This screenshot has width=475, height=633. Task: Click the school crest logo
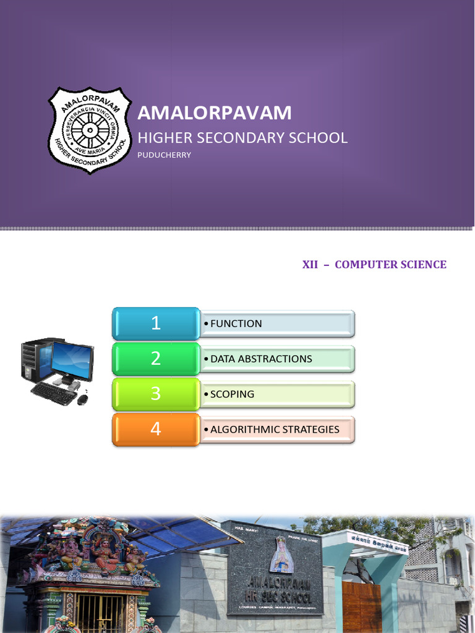pyautogui.click(x=90, y=130)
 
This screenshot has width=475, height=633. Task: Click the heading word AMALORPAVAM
pyautogui.click(x=215, y=113)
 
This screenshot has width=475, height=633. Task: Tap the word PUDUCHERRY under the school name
pyautogui.click(x=164, y=155)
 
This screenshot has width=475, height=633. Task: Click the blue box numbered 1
pyautogui.click(x=155, y=323)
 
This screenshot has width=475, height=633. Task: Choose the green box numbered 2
pyautogui.click(x=155, y=359)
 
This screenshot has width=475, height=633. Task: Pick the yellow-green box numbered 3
pyautogui.click(x=155, y=394)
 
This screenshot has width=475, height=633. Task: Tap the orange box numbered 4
pyautogui.click(x=155, y=429)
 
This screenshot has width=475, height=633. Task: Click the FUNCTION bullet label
pyautogui.click(x=236, y=323)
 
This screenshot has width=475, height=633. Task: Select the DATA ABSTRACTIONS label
pyautogui.click(x=261, y=359)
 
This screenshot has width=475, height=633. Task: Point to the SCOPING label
pyautogui.click(x=232, y=394)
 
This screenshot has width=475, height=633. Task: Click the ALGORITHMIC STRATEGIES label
pyautogui.click(x=275, y=429)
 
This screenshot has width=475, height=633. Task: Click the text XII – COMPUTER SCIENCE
pyautogui.click(x=374, y=265)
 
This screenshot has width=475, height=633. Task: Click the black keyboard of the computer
pyautogui.click(x=53, y=393)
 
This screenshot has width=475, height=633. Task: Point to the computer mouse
pyautogui.click(x=82, y=399)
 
